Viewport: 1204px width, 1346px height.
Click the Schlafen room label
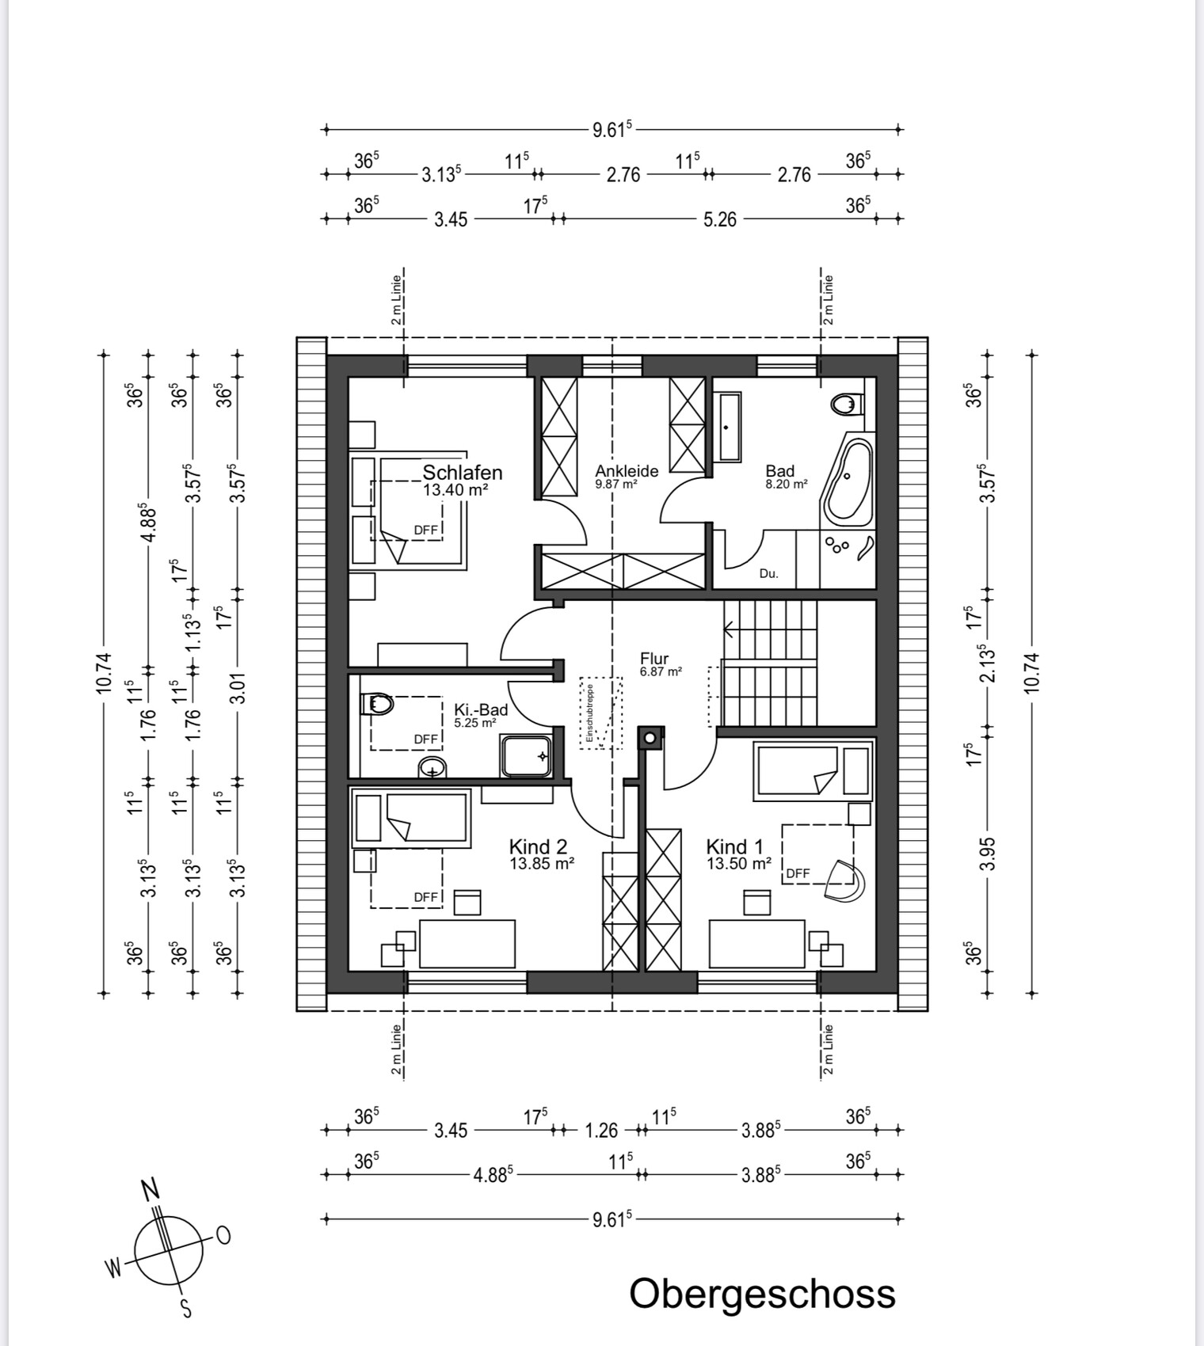[x=463, y=473]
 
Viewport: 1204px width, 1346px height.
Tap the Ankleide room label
[x=627, y=471]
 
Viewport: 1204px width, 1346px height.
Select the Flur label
[x=654, y=659]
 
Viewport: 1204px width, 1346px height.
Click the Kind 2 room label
[x=538, y=846]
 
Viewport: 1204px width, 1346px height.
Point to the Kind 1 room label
[x=735, y=846]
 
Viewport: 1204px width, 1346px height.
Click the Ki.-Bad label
[x=481, y=709]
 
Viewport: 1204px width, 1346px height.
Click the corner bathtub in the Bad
[x=848, y=480]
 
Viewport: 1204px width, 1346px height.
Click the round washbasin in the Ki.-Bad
[x=432, y=767]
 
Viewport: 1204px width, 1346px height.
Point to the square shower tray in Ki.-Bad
[x=526, y=755]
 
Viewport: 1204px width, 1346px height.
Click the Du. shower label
[x=768, y=573]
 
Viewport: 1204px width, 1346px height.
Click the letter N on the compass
[x=150, y=1189]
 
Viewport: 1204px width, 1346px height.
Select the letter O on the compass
[x=223, y=1235]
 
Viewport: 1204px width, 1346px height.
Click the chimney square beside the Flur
[x=650, y=739]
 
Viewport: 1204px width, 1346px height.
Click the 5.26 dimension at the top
[x=720, y=219]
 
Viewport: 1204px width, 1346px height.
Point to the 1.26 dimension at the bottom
[x=601, y=1131]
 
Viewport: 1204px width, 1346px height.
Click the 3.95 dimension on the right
[x=987, y=854]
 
